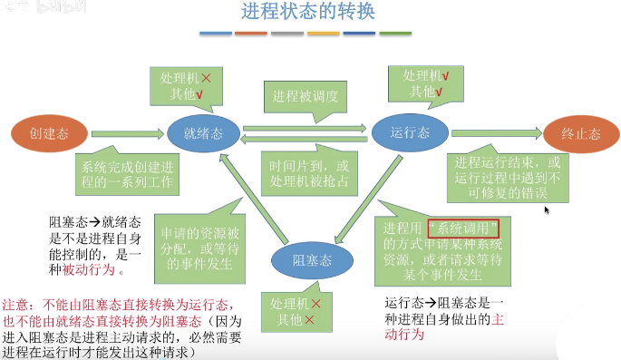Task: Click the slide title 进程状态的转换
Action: point(307,13)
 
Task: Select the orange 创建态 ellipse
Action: point(49,133)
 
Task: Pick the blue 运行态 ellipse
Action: point(410,133)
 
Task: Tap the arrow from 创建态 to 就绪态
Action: point(128,133)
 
